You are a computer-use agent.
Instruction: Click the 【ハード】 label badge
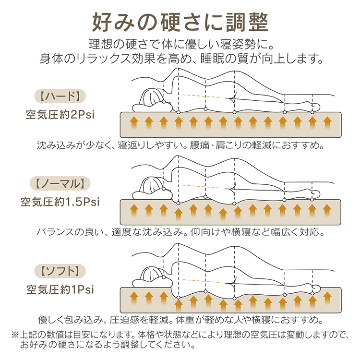pyautogui.click(x=60, y=96)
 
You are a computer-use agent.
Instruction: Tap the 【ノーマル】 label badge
pyautogui.click(x=60, y=183)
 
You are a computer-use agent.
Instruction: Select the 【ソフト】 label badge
pyautogui.click(x=60, y=271)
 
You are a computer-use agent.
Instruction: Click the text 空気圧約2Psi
pyautogui.click(x=60, y=115)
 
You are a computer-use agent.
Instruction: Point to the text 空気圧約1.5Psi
pyautogui.click(x=60, y=202)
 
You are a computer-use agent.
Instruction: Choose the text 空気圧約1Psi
pyautogui.click(x=60, y=289)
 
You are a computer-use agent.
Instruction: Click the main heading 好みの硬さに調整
pyautogui.click(x=180, y=22)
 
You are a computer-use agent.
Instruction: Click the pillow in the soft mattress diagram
pyautogui.click(x=152, y=283)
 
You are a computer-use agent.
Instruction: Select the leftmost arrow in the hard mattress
pyautogui.click(x=134, y=122)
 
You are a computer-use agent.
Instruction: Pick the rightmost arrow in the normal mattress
pyautogui.click(x=327, y=211)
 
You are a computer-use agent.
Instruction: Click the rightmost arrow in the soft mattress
pyautogui.click(x=327, y=298)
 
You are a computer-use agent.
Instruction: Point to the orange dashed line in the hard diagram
pyautogui.click(x=201, y=96)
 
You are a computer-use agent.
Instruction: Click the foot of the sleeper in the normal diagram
pyautogui.click(x=313, y=193)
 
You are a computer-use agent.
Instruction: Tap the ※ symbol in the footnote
pyautogui.click(x=15, y=335)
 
